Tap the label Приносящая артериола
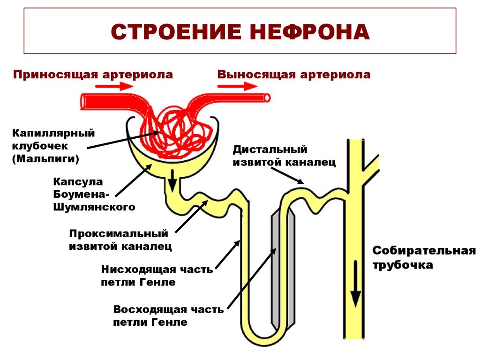93,75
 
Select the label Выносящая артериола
294,75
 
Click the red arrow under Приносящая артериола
114,86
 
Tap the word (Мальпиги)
46,159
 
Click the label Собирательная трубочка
424,257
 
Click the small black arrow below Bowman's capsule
172,180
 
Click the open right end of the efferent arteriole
267,97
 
